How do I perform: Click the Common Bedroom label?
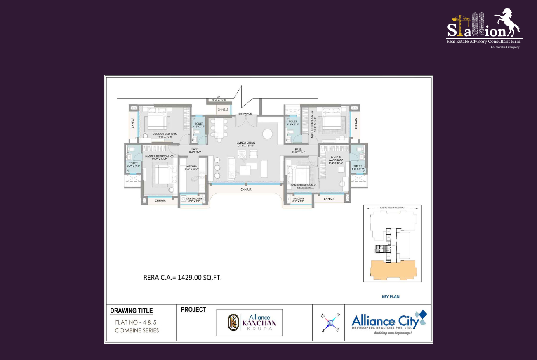[x=165, y=134]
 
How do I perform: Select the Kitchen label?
[x=192, y=167]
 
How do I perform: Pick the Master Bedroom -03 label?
[x=157, y=156]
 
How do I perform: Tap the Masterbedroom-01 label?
[x=303, y=185]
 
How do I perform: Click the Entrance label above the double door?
[x=245, y=113]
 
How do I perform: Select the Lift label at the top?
[x=219, y=97]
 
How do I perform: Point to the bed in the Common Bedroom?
[x=157, y=122]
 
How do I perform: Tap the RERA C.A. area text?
[x=182, y=278]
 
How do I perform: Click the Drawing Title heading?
[x=131, y=311]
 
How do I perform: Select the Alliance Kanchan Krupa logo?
[x=250, y=322]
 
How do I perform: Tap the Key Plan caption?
[x=390, y=296]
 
